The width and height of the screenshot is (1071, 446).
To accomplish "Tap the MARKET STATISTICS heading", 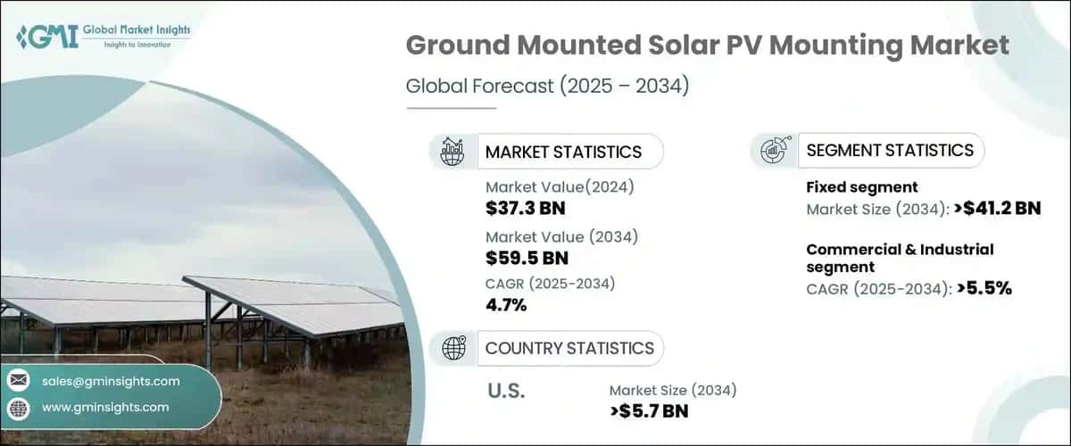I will coord(563,152).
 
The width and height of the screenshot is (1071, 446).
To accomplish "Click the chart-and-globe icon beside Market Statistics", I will coord(453,152).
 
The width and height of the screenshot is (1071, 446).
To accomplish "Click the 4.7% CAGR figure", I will coord(506,305).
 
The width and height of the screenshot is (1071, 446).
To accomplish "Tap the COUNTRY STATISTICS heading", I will coord(569,348).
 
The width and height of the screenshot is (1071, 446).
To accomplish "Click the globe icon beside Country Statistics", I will coord(453,348).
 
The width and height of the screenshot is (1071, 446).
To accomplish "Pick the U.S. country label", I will coord(506,391).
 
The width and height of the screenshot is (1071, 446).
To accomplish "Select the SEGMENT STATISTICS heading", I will coord(890,150).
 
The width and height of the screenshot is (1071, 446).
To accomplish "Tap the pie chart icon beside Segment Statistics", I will coord(774,151).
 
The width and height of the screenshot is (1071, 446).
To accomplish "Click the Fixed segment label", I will coord(862,187).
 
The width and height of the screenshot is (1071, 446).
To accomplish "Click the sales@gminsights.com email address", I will coord(111,381).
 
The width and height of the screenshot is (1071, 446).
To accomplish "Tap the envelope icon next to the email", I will coord(19,381).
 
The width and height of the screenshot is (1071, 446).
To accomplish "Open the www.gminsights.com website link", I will coord(105,407).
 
